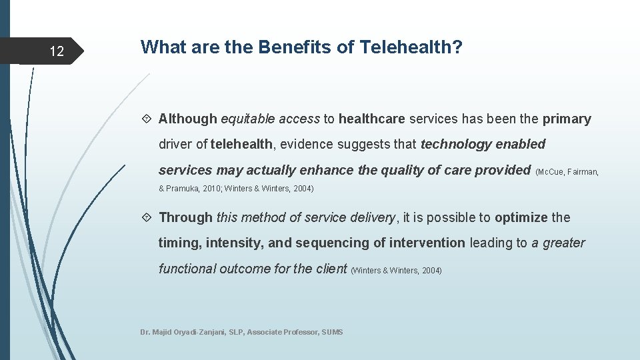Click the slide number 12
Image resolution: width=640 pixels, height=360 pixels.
tap(57, 51)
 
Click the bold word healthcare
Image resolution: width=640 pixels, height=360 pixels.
tap(371, 119)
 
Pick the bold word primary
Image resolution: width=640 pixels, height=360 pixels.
tap(566, 119)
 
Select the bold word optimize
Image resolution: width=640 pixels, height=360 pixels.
tap(521, 217)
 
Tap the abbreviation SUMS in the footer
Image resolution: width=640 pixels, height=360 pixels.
tap(331, 332)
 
